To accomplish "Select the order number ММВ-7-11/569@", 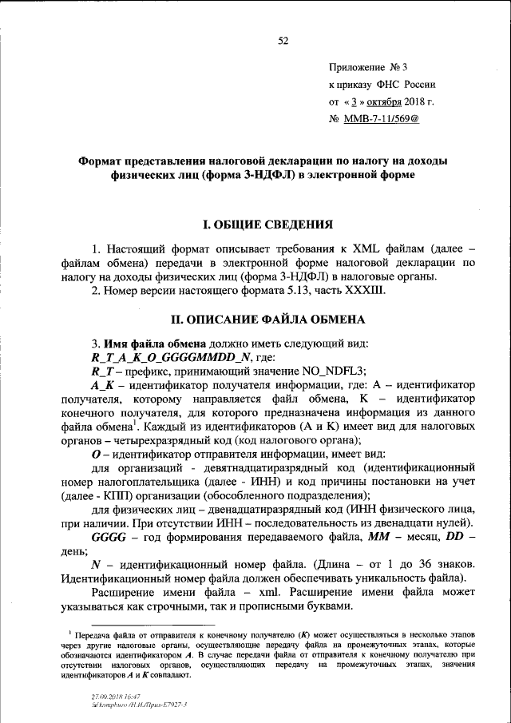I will tap(381, 119).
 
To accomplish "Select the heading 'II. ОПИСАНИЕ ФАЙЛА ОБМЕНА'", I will tap(263, 320).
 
